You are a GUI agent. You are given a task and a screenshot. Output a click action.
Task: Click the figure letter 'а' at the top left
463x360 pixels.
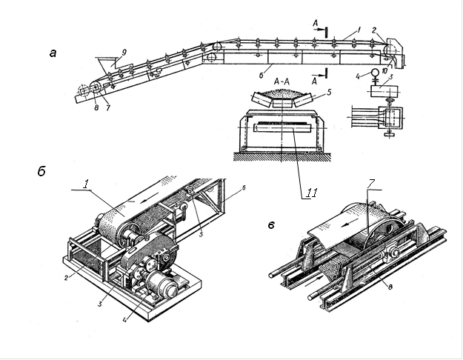pyautogui.click(x=53, y=53)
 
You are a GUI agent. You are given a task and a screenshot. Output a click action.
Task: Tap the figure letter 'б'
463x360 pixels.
pyautogui.click(x=41, y=171)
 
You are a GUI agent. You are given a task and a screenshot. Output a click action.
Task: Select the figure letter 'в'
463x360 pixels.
pyautogui.click(x=271, y=226)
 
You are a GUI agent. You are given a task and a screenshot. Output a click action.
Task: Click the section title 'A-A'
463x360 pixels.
pyautogui.click(x=282, y=81)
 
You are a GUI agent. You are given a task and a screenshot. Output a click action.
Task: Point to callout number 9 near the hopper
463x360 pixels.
pyautogui.click(x=124, y=53)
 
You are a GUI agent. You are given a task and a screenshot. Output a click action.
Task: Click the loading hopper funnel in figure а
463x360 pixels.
pyautogui.click(x=105, y=64)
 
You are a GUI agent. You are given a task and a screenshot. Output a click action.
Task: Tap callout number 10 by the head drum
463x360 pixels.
pyautogui.click(x=393, y=71)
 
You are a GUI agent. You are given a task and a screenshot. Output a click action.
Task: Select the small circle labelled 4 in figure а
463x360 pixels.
pyautogui.click(x=375, y=72)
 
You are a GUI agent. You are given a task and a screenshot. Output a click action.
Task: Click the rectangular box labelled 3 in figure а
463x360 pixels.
pyautogui.click(x=384, y=91)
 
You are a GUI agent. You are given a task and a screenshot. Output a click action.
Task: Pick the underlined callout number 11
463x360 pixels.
pyautogui.click(x=311, y=193)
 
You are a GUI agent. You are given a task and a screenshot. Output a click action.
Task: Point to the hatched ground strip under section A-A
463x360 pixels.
pyautogui.click(x=282, y=156)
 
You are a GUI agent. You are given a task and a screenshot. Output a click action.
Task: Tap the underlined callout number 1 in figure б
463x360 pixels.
pyautogui.click(x=85, y=184)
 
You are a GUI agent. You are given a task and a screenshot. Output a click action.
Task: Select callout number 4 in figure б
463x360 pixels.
pyautogui.click(x=125, y=319)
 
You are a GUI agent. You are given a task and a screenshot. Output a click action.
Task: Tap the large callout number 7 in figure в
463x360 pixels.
pyautogui.click(x=371, y=184)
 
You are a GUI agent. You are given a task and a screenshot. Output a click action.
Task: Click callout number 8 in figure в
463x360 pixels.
pyautogui.click(x=390, y=286)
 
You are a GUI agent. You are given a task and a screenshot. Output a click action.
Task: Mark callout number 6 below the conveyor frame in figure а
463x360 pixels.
pyautogui.click(x=262, y=75)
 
